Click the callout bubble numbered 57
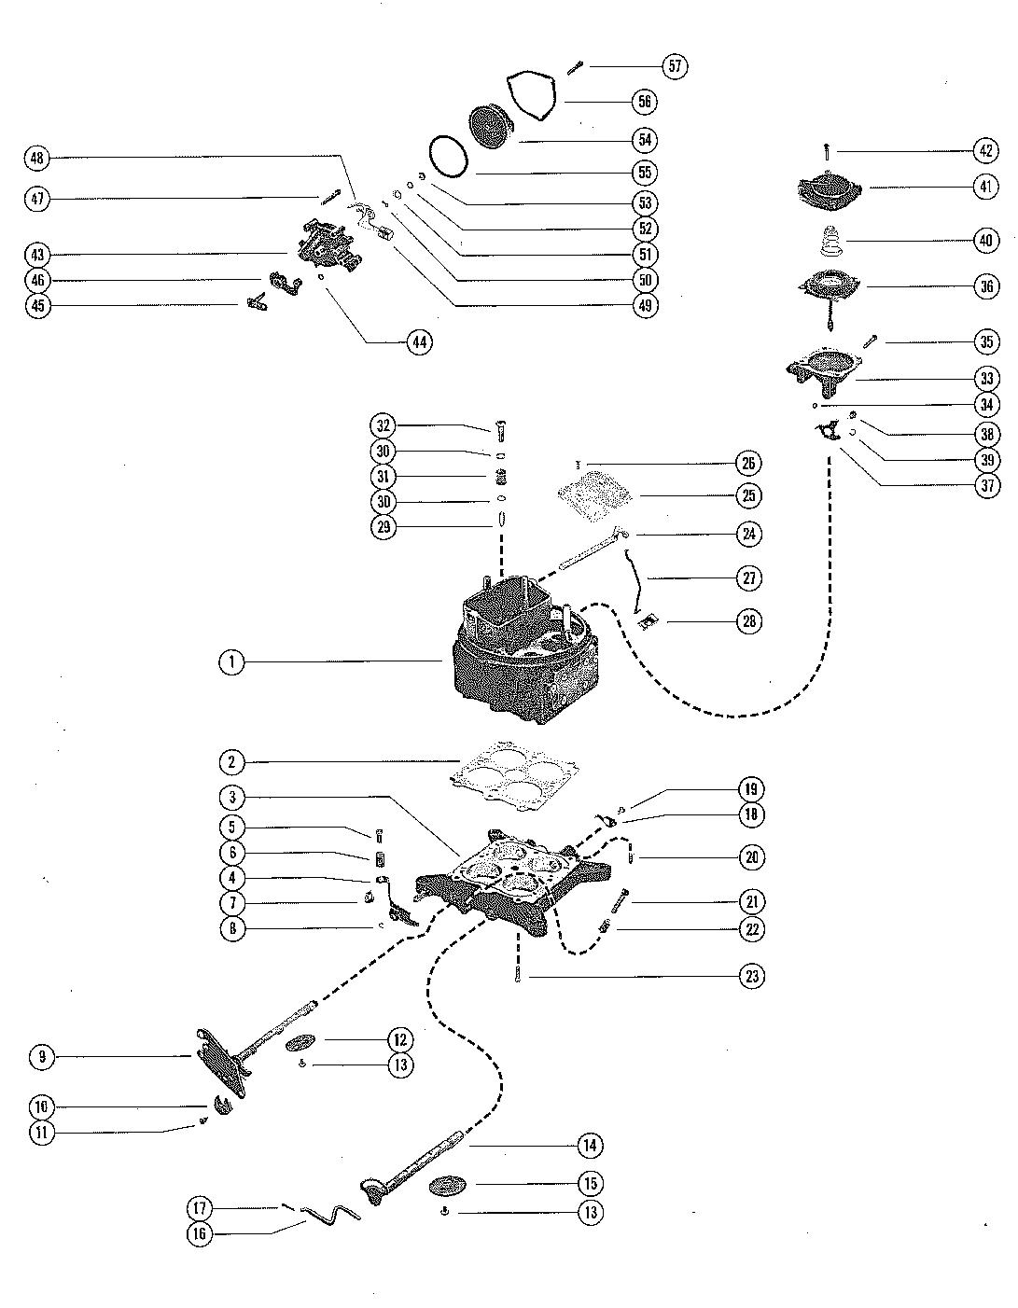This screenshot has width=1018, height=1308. pyautogui.click(x=675, y=65)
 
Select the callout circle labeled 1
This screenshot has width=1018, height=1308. pyautogui.click(x=231, y=662)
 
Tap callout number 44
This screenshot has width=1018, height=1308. pyautogui.click(x=419, y=342)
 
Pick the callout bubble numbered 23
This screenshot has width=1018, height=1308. pyautogui.click(x=752, y=976)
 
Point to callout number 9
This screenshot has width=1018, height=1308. pyautogui.click(x=42, y=1057)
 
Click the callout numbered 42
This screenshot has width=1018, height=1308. pyautogui.click(x=985, y=150)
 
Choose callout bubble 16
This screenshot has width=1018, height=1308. pyautogui.click(x=200, y=1234)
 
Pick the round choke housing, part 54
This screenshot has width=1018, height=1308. pyautogui.click(x=490, y=126)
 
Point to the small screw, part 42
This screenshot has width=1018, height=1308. pyautogui.click(x=828, y=152)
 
